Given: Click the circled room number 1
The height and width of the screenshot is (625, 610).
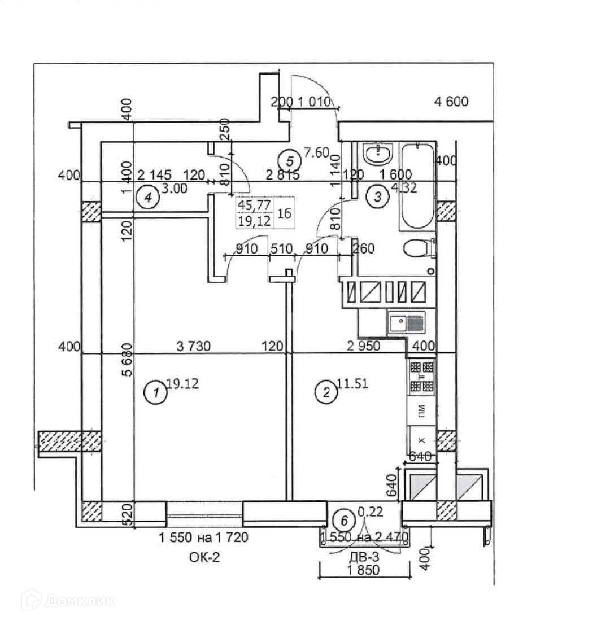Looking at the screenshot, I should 152,394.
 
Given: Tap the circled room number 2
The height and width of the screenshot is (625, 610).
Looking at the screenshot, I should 325,394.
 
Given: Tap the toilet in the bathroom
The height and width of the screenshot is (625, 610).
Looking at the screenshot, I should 420,249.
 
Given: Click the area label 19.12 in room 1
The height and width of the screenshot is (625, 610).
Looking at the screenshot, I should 181,384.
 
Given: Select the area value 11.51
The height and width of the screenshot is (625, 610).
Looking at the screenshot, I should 352,384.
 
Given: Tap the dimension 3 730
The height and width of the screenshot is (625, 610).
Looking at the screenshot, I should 193,346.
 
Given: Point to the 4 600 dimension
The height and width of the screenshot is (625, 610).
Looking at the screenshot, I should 451,102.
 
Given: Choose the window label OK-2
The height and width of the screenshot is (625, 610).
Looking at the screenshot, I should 204,558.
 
